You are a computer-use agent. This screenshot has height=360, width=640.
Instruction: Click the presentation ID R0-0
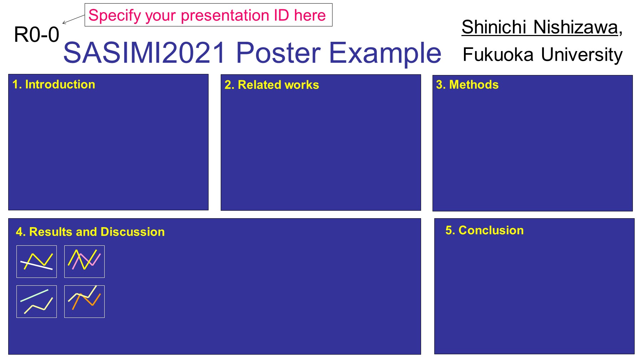36,35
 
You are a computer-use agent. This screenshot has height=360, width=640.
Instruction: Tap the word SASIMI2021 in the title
144,53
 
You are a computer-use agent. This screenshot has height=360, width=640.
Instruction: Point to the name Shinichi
494,27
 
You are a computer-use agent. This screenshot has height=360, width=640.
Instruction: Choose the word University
582,55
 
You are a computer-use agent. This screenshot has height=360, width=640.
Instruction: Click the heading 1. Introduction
54,84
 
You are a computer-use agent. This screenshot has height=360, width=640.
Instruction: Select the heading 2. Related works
272,85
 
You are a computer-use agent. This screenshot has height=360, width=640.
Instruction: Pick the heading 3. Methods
467,84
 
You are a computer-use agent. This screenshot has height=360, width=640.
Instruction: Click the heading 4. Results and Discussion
90,232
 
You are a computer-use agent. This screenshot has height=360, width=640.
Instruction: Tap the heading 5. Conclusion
485,230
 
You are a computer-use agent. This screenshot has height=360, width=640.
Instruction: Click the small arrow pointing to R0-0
74,19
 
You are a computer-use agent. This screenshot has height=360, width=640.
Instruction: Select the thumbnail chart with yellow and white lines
36,261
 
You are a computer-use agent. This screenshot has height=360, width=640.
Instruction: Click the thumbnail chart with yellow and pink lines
84,261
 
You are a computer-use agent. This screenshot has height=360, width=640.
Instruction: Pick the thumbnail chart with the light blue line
36,301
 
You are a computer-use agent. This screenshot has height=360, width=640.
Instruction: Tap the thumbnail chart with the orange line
84,301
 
